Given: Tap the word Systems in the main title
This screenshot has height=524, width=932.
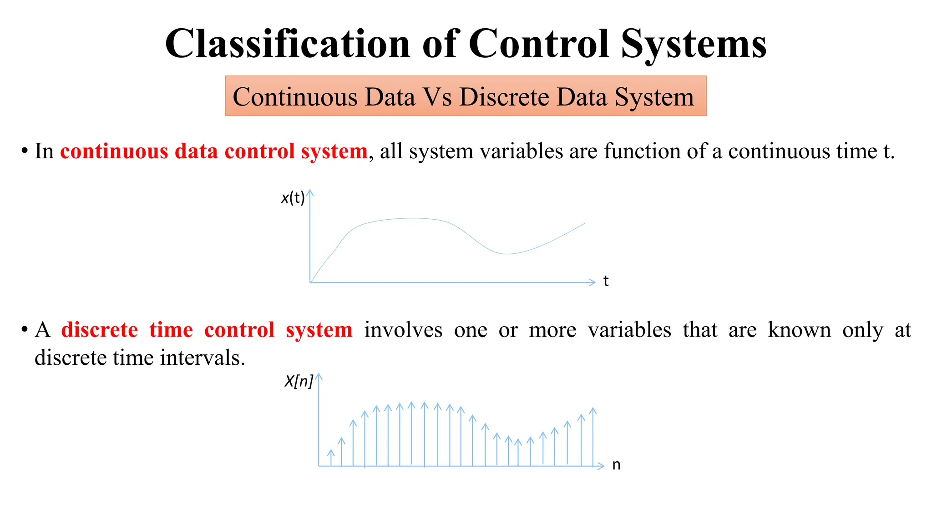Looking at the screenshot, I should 694,44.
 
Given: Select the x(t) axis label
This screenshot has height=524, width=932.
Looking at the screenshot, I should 293,198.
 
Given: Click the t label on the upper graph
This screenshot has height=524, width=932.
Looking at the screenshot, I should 606,281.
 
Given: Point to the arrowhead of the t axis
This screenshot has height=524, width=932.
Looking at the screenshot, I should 593,282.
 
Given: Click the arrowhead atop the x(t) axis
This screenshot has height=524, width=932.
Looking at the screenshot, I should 310,192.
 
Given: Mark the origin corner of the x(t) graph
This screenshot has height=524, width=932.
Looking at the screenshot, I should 310,282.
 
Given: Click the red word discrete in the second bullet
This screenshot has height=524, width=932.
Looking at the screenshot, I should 100,330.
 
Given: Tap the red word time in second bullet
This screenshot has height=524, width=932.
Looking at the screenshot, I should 171,330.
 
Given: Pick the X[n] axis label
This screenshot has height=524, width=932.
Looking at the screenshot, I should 299,381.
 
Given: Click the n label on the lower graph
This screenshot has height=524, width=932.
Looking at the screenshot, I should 616,465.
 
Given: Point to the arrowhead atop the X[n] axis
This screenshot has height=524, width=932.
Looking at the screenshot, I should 319,376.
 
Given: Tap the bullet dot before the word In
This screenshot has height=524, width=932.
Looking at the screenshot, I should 24,151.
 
